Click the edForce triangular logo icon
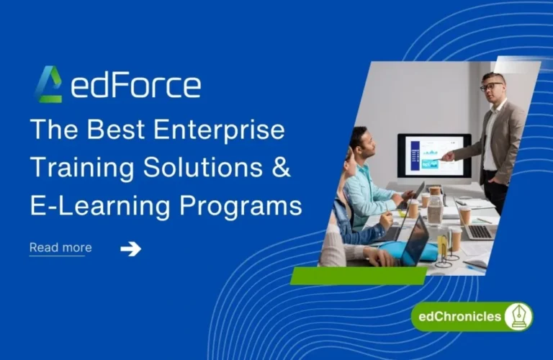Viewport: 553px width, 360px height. coord(48,84)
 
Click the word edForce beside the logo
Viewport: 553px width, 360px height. coord(136,85)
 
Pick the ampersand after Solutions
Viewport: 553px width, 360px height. coord(282,169)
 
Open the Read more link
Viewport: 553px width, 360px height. coord(60,248)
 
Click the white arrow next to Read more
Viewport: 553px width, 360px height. coord(130,248)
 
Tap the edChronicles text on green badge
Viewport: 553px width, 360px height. coord(457,317)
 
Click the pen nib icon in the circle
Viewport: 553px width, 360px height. coord(518,317)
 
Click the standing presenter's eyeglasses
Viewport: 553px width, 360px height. coord(491,86)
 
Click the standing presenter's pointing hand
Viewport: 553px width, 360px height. coord(448,155)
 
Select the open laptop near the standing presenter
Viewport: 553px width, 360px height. coord(480,229)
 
